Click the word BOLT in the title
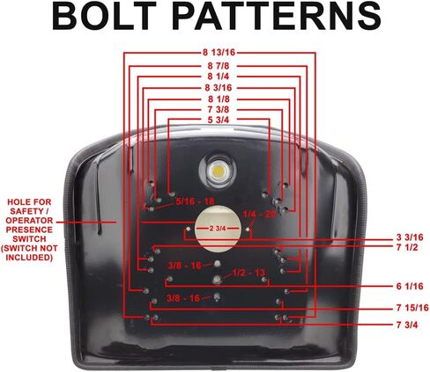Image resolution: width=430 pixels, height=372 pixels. pos(104,16)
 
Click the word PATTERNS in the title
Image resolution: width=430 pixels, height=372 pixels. pos(277,16)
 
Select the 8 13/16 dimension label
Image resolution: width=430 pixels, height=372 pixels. pos(219,53)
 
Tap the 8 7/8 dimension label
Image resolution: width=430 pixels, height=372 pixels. pos(219,66)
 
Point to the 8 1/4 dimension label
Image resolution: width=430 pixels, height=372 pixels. pos(219,77)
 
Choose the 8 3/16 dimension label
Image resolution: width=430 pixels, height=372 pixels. pos(219,88)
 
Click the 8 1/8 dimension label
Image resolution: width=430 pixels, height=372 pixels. pos(219,99)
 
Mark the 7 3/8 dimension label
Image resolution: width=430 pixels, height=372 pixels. pos(219,110)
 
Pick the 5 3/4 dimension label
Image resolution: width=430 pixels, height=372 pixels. pos(219,120)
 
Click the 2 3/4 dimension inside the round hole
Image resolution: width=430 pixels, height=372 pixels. pos(218,229)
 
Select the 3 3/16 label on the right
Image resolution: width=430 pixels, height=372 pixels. pos(410,237)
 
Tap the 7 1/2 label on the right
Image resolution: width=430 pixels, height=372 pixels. pos(407,247)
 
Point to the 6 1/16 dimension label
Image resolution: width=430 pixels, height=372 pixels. pos(410,286)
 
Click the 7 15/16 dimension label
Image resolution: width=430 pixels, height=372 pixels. pos(412,308)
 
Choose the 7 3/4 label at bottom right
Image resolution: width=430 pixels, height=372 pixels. pos(407,325)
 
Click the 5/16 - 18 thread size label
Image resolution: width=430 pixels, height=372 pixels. pos(195,201)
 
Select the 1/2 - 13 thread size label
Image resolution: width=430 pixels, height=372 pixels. pos(248,273)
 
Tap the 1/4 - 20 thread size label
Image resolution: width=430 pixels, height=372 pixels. pos(259,214)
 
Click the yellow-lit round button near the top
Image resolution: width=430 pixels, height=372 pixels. pos(218,171)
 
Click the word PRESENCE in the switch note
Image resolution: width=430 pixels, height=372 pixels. pos(29,230)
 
